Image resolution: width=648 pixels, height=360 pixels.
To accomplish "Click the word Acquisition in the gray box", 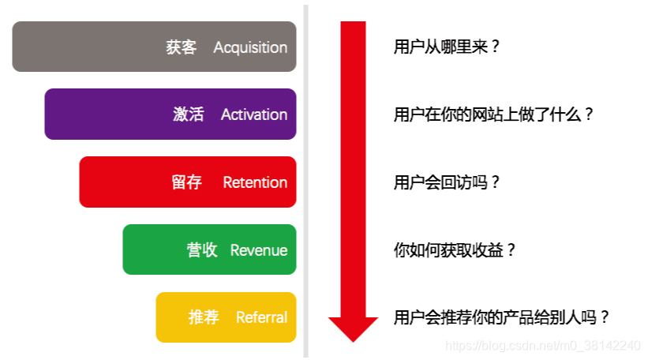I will point(250,47).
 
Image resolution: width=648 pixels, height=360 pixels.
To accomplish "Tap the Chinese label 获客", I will point(182,47).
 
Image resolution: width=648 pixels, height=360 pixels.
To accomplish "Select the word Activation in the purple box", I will point(253,114).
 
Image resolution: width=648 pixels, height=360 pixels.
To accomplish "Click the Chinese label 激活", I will point(188,114).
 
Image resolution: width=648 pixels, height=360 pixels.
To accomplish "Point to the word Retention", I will point(255,182).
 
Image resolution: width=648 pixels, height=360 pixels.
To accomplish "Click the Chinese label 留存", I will point(186,182).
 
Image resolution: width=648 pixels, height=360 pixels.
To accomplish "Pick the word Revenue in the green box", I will point(258,250).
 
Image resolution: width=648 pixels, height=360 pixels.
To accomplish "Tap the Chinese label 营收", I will point(201,250).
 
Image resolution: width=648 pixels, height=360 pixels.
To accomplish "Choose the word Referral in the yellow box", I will point(261,317).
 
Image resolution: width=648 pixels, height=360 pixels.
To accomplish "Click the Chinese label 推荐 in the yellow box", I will point(204,317).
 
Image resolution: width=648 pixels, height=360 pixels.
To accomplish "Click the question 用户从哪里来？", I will point(447,47).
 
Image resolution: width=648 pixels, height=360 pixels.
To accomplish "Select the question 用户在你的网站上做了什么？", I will point(493,114).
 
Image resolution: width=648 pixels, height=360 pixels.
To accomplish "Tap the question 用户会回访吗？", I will point(447,182).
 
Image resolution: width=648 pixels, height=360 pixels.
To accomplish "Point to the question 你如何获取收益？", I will point(455,250).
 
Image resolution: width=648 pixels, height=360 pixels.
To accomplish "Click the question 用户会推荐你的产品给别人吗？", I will point(502,317).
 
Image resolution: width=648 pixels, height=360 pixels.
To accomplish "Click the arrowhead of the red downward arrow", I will point(353,328).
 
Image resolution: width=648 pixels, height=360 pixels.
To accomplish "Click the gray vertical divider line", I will point(305,182).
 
